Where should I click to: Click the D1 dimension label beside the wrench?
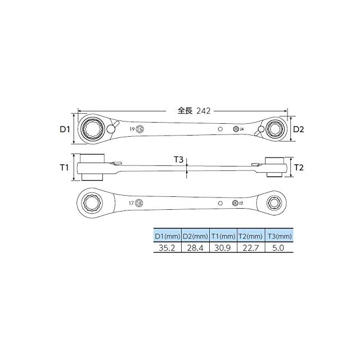[65, 129]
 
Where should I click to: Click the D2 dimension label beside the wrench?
[299, 129]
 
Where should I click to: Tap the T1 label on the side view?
[64, 168]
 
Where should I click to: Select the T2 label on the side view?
[299, 168]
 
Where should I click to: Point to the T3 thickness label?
[178, 159]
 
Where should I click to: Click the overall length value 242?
[204, 111]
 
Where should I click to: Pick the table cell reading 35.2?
[167, 247]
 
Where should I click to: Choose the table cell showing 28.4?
[195, 247]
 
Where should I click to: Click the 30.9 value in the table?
[223, 247]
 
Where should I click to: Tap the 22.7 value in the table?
[251, 247]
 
